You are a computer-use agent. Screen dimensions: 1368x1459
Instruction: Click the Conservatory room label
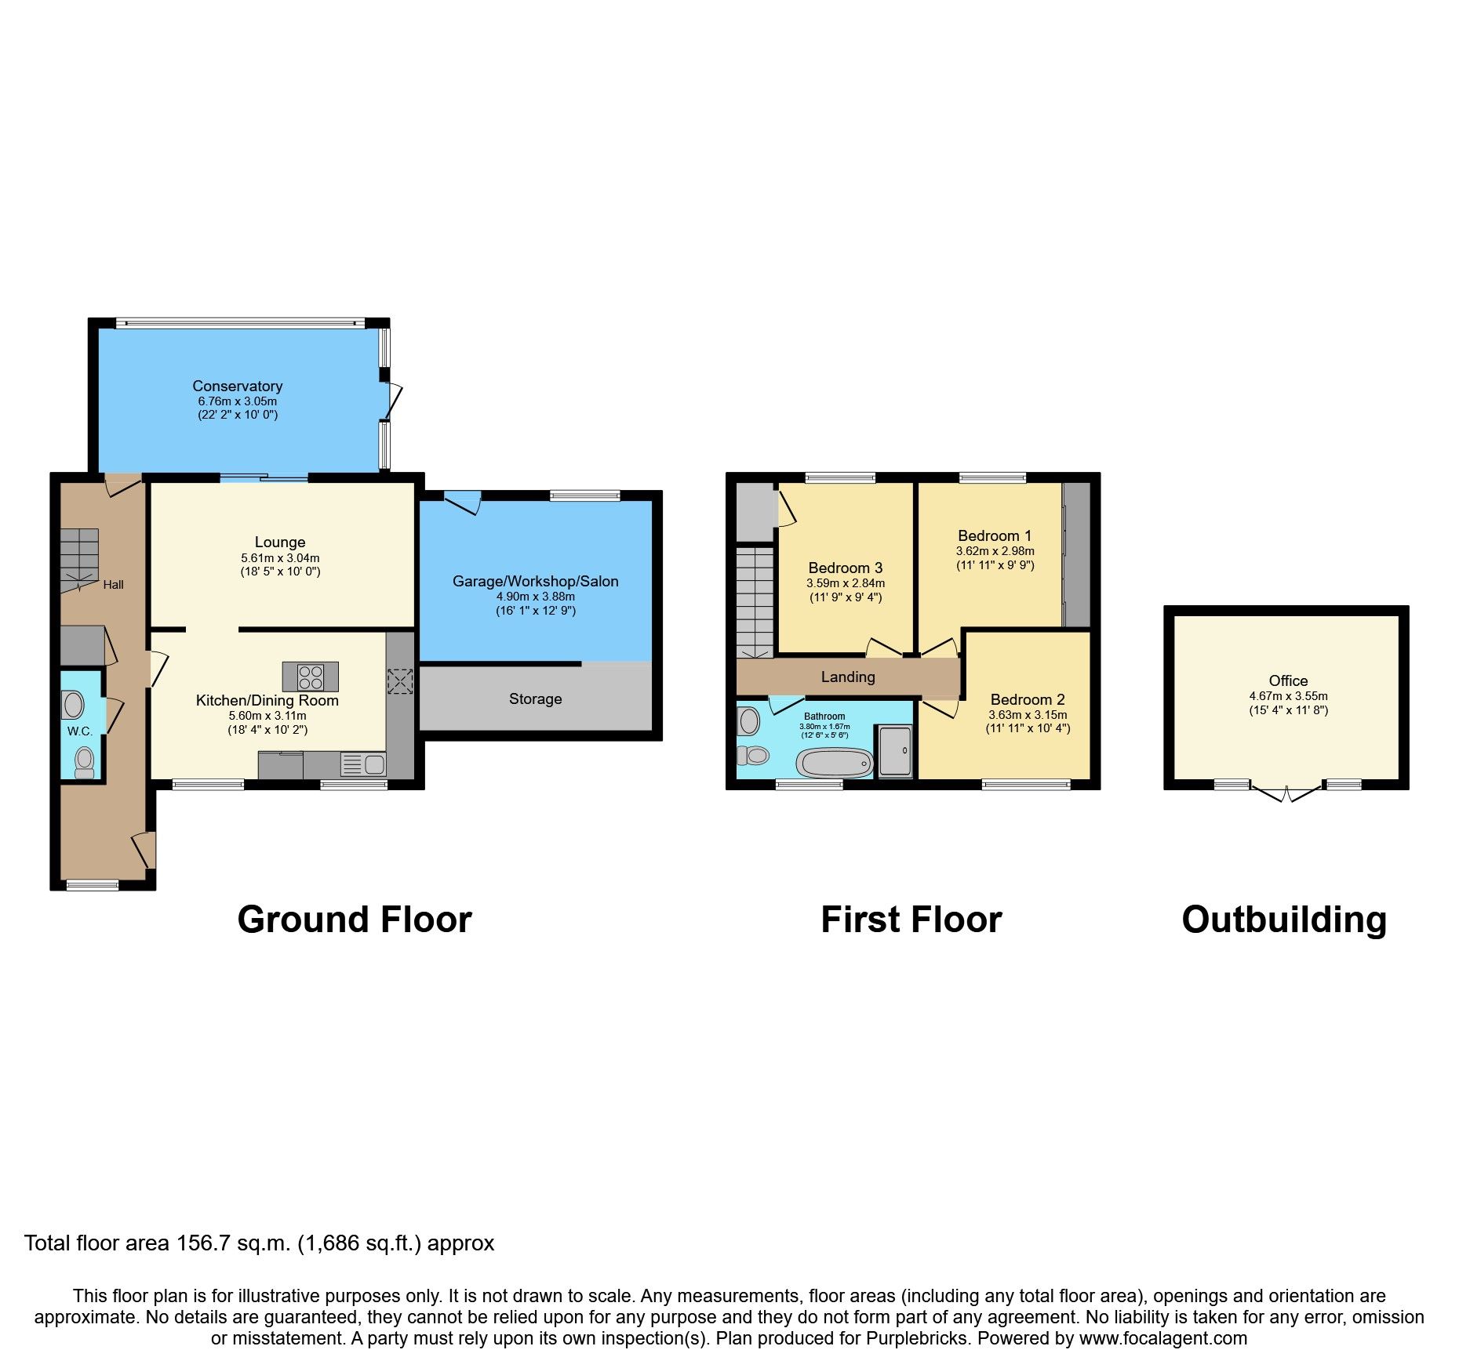pos(237,386)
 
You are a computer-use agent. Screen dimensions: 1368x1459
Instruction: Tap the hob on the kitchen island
pos(311,677)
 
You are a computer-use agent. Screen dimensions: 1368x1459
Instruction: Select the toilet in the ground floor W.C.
pos(84,761)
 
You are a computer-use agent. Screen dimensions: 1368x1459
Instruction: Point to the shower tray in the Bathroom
pos(895,751)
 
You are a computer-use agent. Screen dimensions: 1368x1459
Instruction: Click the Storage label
pos(535,699)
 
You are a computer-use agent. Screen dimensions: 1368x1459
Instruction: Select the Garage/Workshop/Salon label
pos(535,581)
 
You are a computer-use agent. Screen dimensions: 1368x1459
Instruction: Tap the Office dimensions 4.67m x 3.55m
pos(1288,696)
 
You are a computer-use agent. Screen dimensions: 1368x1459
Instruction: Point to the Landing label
pos(847,677)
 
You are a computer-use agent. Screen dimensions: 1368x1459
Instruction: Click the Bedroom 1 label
pos(994,535)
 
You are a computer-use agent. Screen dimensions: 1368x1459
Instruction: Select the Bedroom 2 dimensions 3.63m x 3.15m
pos(1028,715)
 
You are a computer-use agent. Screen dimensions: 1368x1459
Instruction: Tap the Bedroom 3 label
pos(845,568)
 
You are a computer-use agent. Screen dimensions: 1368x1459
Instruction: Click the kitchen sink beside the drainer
pos(374,764)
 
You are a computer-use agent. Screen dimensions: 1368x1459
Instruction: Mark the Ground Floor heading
pos(354,920)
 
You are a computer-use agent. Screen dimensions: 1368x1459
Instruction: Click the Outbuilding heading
pos(1283,920)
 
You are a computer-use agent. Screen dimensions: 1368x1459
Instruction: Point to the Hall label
pos(113,585)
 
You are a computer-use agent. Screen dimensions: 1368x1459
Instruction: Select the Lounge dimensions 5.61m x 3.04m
pos(280,558)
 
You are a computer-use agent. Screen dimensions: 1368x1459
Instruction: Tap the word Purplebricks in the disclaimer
pos(917,1338)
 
